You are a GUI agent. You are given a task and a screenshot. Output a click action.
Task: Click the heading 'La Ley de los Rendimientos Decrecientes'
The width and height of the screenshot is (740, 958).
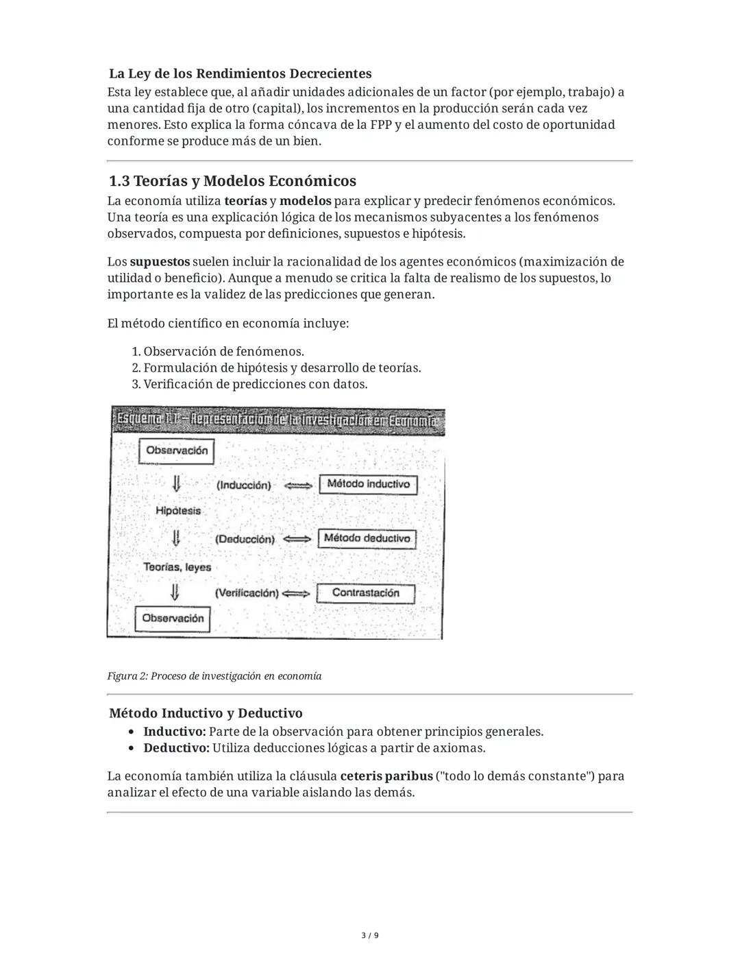240,73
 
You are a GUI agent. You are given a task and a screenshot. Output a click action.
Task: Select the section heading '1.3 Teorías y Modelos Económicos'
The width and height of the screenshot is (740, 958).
232,181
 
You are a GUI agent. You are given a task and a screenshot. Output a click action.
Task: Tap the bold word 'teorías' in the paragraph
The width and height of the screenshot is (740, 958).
245,201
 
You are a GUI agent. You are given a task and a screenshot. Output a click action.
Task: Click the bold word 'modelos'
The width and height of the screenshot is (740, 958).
305,201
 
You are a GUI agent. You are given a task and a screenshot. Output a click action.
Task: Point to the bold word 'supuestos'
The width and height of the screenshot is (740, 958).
160,261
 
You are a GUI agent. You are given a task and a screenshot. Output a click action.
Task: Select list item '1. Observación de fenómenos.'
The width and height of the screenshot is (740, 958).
218,351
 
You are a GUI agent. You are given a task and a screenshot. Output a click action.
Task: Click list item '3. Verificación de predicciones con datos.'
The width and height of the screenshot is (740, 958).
249,384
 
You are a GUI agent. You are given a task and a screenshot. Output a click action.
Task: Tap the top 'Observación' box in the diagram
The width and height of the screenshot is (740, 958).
177,451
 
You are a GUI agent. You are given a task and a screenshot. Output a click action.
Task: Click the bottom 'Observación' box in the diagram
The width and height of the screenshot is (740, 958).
173,618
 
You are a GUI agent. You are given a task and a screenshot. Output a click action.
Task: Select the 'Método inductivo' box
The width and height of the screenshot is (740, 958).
368,484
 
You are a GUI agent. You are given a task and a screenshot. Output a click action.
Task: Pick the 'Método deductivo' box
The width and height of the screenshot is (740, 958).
367,538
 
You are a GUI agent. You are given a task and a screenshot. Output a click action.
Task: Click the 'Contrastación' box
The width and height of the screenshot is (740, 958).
365,592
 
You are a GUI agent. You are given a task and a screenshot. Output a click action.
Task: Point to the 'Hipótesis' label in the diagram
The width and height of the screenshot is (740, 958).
178,510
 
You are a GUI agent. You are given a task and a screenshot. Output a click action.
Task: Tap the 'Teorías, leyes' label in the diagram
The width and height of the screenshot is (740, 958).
177,567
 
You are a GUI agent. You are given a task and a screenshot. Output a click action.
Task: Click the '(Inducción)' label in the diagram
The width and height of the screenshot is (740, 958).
244,485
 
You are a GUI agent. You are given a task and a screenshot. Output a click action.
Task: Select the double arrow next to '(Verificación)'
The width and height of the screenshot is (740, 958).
296,593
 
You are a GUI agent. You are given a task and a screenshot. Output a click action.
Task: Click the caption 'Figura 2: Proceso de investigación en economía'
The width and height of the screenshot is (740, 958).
214,676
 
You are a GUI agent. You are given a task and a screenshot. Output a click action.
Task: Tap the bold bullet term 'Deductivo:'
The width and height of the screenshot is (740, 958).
176,747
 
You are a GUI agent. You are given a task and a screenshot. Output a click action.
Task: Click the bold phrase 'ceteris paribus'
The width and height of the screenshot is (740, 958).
386,776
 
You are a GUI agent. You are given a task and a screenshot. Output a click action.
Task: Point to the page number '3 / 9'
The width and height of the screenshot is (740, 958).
370,935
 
